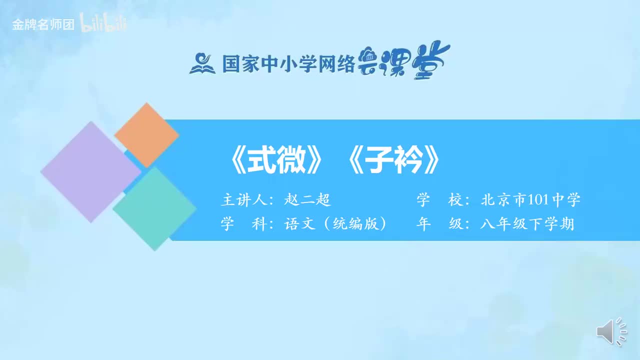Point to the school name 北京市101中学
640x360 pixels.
530,200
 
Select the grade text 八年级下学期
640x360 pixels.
527,224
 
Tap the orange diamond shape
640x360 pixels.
146,135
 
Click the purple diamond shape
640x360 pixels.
90,171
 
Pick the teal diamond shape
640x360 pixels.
154,208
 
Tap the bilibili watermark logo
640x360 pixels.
103,24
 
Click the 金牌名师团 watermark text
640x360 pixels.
43,25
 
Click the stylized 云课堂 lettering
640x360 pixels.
404,61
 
